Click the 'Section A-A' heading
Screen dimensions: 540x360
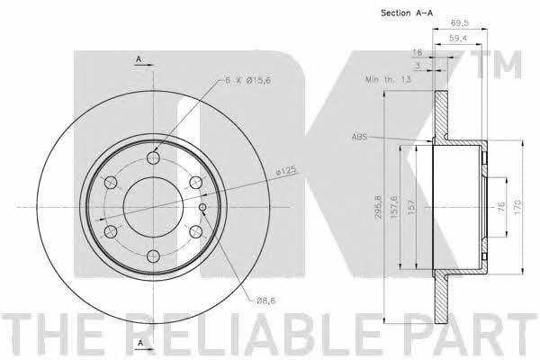(x=407, y=13)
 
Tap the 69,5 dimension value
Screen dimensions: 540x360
(x=460, y=23)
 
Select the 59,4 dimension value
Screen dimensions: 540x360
(x=458, y=38)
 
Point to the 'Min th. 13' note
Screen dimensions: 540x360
(x=388, y=79)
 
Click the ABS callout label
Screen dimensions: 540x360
(x=359, y=137)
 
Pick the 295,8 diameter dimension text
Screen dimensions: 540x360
(x=378, y=208)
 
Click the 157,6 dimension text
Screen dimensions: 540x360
(x=394, y=207)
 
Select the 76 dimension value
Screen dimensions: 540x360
(x=501, y=206)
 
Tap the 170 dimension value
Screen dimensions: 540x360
(x=518, y=207)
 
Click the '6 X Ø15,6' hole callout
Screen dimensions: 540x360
(x=247, y=81)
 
